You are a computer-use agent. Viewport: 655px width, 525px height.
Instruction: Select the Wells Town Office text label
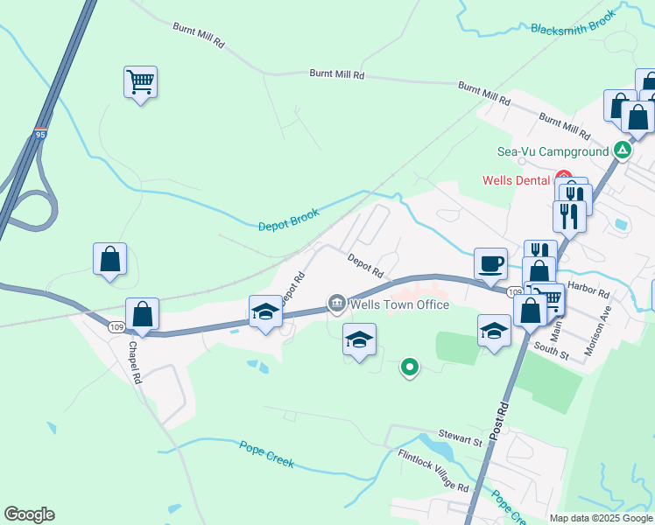tap(399, 304)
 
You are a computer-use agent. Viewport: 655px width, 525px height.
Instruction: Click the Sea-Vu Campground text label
tap(553, 151)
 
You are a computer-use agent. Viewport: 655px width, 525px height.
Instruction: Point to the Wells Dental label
tap(518, 181)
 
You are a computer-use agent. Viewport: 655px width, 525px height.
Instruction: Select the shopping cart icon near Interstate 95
tap(140, 82)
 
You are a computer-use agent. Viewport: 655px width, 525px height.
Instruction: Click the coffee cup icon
tap(490, 262)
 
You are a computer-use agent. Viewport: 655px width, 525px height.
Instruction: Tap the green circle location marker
tap(409, 368)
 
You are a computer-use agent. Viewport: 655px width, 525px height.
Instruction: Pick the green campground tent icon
tap(623, 150)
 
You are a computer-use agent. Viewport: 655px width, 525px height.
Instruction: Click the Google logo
tap(29, 514)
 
